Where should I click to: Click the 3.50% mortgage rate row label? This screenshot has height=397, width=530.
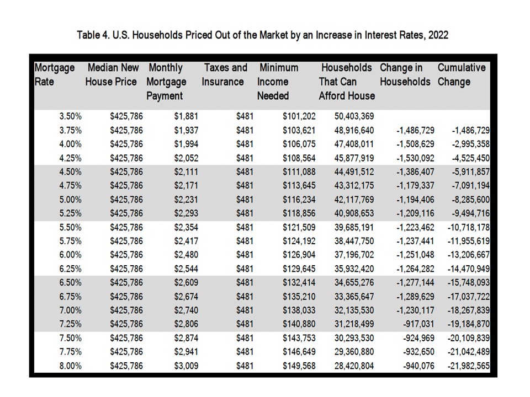[x=70, y=116]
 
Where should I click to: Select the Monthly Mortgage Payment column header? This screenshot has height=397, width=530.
[x=166, y=82]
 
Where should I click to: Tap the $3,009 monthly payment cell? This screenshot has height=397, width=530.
[x=186, y=366]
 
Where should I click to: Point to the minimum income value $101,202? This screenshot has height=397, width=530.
[x=299, y=116]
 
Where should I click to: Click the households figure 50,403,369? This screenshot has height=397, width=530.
[x=354, y=116]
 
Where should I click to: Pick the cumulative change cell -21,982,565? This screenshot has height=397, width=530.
[x=469, y=366]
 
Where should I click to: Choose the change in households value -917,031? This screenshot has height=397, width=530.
[x=418, y=324]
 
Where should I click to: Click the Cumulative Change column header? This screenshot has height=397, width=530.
[x=462, y=74]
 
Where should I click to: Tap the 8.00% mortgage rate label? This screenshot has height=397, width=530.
[x=70, y=366]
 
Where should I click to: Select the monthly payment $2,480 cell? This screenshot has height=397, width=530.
[x=186, y=255]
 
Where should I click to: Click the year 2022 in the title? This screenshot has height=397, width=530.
[x=438, y=35]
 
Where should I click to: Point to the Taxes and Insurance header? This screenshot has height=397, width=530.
[x=225, y=74]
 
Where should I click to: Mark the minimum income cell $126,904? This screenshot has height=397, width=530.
[x=299, y=255]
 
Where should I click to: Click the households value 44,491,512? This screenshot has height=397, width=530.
[x=354, y=172]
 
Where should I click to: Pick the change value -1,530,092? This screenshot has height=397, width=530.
[x=415, y=158]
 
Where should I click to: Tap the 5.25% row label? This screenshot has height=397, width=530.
[x=70, y=213]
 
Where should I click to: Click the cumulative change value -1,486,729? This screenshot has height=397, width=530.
[x=471, y=131]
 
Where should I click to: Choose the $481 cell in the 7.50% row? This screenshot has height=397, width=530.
[x=245, y=338]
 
